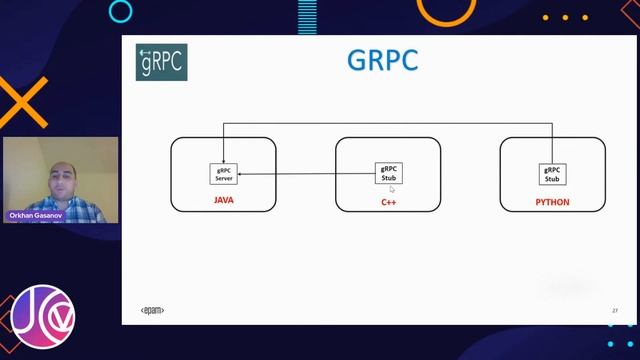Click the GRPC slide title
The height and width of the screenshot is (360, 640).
pos(382,60)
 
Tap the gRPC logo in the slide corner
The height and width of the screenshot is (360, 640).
pos(162,62)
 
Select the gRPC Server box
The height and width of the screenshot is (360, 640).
pos(224,174)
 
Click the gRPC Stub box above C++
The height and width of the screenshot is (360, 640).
pos(388,174)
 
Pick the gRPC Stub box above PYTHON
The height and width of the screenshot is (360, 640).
pos(552,174)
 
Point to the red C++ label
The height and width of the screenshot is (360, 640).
pos(388,202)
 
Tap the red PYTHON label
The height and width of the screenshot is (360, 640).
pos(552,202)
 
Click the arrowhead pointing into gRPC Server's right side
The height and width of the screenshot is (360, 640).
pos(241,175)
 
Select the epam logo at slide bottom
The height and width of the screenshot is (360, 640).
pos(152,311)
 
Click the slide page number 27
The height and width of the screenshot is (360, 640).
pos(614,311)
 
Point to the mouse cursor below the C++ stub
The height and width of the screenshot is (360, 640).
pos(392,189)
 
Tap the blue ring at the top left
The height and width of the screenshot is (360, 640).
pos(120,12)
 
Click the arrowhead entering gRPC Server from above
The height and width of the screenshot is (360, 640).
pos(224,161)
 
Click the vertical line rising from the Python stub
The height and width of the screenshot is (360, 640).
pos(552,143)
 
